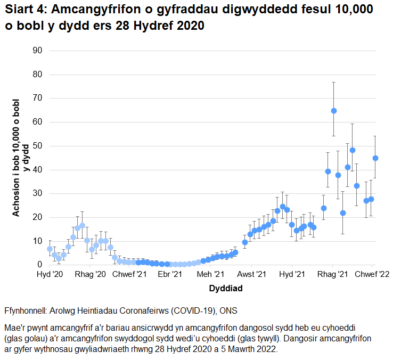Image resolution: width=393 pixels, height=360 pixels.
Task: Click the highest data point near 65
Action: [334, 111]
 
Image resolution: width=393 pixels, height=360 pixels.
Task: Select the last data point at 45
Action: [375, 158]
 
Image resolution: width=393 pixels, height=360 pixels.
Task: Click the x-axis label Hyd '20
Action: [49, 274]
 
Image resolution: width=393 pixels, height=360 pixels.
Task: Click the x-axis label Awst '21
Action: [251, 274]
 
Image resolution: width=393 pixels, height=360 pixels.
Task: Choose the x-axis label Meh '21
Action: [210, 274]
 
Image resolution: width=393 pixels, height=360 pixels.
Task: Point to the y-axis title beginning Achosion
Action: [20, 158]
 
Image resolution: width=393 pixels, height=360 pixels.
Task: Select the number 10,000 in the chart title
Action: [347, 11]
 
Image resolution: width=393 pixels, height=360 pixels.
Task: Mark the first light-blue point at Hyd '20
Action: [50, 249]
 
